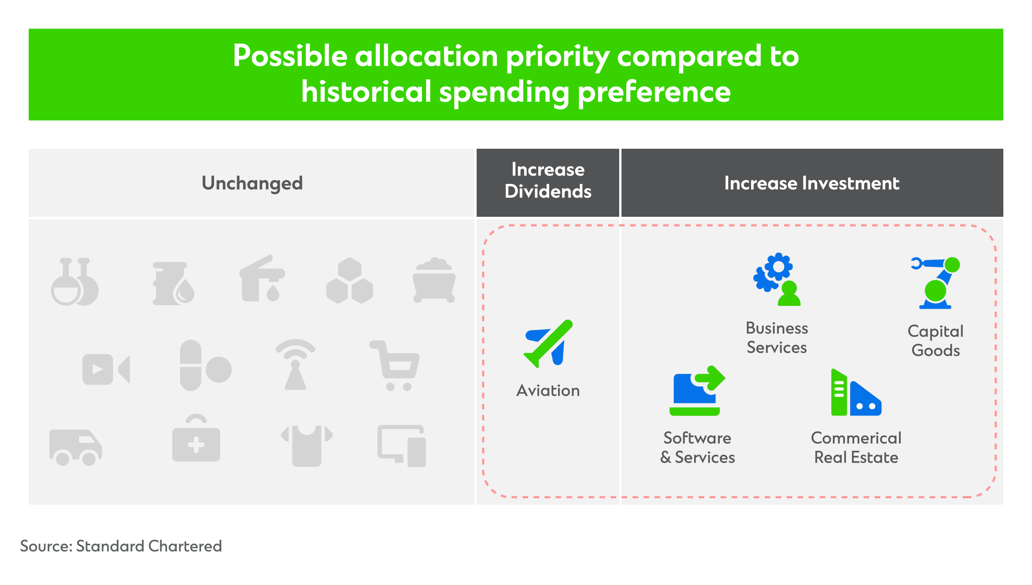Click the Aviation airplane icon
pos(548,344)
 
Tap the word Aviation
pos(548,390)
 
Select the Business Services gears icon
pos(777,279)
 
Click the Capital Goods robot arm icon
pos(935,283)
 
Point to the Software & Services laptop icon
pos(697,390)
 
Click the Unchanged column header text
pos(252,183)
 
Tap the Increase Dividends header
pos(548,180)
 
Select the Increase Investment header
pos(811,183)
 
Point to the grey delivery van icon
pos(76,447)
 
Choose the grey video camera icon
pos(106,369)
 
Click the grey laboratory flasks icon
pos(75,281)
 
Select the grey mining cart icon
pos(434,280)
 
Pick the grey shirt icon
pos(307,445)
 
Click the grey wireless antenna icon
pos(295,364)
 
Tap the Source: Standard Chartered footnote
pos(121,546)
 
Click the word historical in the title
pos(366,92)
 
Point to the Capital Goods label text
pos(935,341)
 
